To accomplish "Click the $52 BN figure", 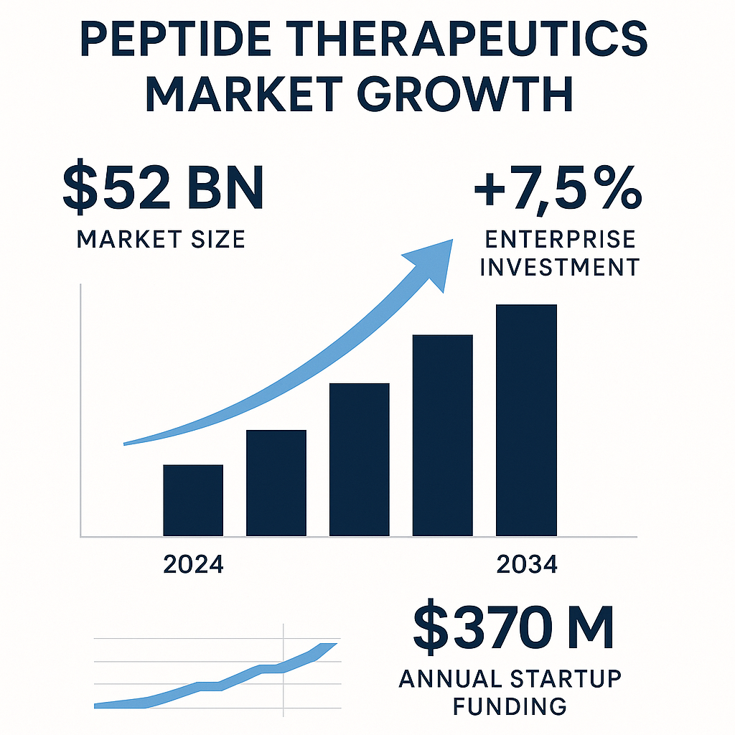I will pos(163,188).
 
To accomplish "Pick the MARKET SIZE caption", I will pos(161,238).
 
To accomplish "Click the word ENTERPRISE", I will pos(558,239).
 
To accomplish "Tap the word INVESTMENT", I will pos(558,267).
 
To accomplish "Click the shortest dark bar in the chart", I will pos(193,500).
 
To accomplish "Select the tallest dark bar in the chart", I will pos(526,420).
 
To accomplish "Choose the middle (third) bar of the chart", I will pos(360,459).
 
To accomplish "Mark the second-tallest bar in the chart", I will pos(442,435).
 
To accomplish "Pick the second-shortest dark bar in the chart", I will pos(276,482).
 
